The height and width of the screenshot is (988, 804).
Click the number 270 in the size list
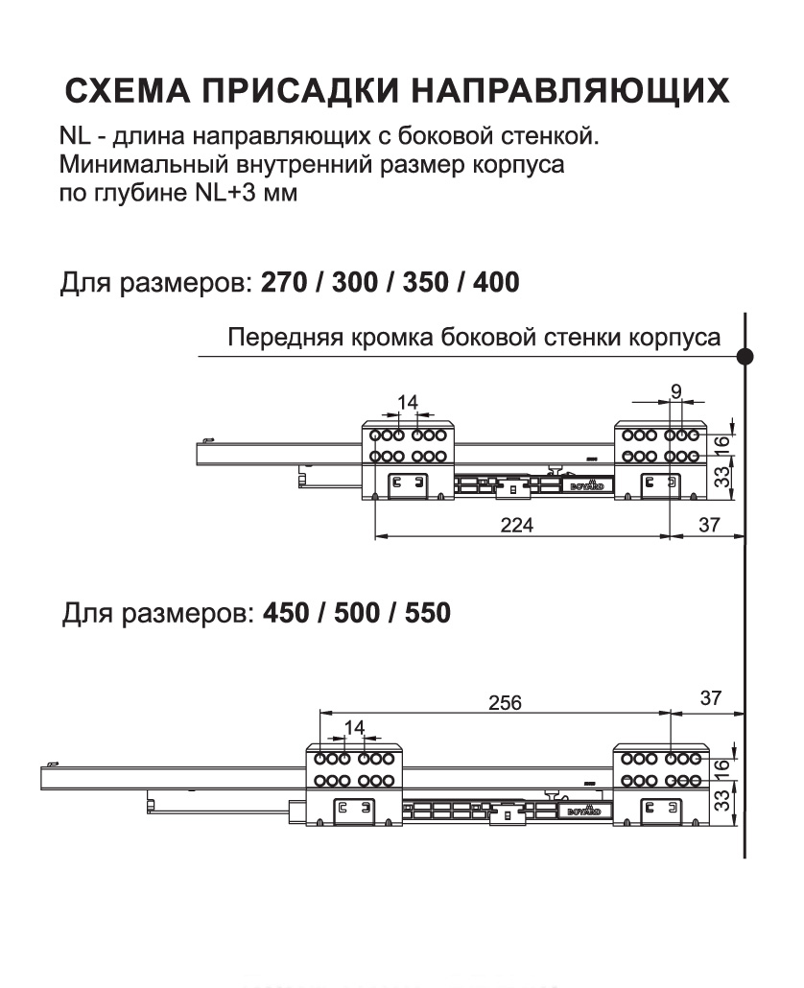(x=281, y=283)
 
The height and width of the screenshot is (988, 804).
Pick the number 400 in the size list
(x=491, y=283)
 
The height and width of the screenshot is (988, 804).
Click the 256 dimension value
(x=503, y=702)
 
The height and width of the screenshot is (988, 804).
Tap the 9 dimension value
(x=676, y=390)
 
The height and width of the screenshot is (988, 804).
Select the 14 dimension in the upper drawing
(x=408, y=402)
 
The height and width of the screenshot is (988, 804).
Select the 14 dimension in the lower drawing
(x=354, y=727)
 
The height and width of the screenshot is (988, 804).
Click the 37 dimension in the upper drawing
(x=709, y=526)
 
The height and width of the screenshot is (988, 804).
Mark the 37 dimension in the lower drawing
(x=710, y=698)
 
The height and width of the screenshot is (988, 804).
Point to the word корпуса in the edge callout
(x=680, y=339)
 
